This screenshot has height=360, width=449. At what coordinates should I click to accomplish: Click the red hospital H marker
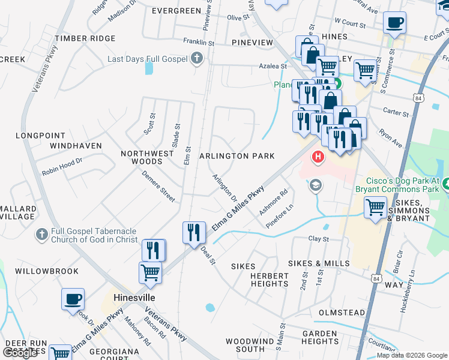317,157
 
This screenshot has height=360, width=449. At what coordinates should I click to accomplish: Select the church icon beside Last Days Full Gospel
196,59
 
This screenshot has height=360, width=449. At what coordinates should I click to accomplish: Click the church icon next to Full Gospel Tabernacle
41,233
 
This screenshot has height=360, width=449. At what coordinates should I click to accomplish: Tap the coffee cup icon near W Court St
394,23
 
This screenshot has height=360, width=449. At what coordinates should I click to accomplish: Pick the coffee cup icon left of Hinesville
73,299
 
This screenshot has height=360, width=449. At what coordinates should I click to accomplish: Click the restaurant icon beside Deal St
193,232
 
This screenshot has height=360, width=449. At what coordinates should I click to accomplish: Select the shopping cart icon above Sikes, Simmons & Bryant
375,208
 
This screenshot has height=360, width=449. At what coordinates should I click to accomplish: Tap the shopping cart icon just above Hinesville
150,273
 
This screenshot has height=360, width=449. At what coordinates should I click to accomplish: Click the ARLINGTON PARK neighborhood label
237,156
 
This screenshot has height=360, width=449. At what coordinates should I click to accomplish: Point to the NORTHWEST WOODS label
147,157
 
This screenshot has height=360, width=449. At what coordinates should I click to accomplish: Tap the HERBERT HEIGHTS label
261,279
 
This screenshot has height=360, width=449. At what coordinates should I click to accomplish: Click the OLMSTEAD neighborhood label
342,313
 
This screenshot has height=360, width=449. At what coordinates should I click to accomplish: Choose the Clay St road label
319,239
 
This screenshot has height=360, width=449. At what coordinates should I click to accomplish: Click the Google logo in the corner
20,353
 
